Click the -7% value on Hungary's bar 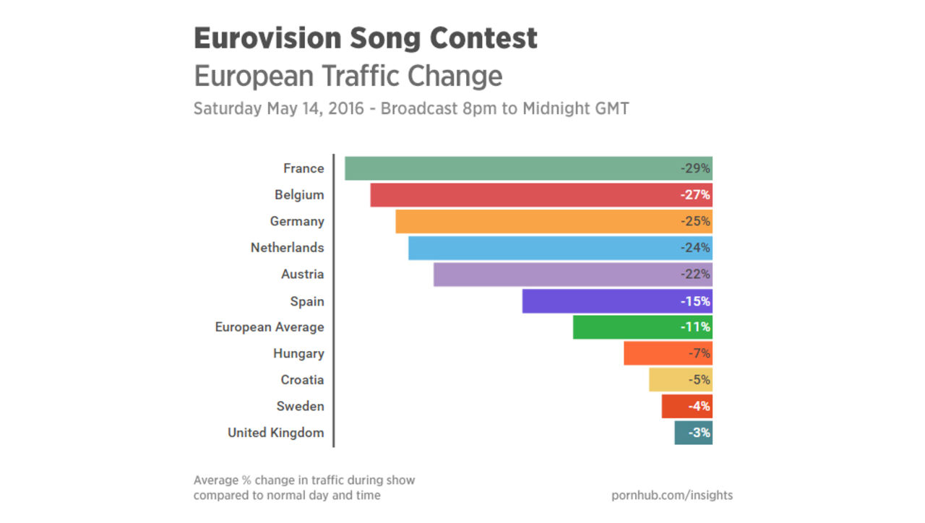click(699, 354)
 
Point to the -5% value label click(699, 380)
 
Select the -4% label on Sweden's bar click(699, 406)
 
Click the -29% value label click(695, 169)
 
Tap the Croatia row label click(302, 380)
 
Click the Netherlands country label click(287, 248)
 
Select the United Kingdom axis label click(275, 433)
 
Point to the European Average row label click(270, 327)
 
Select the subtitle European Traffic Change click(348, 76)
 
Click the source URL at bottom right click(671, 496)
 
